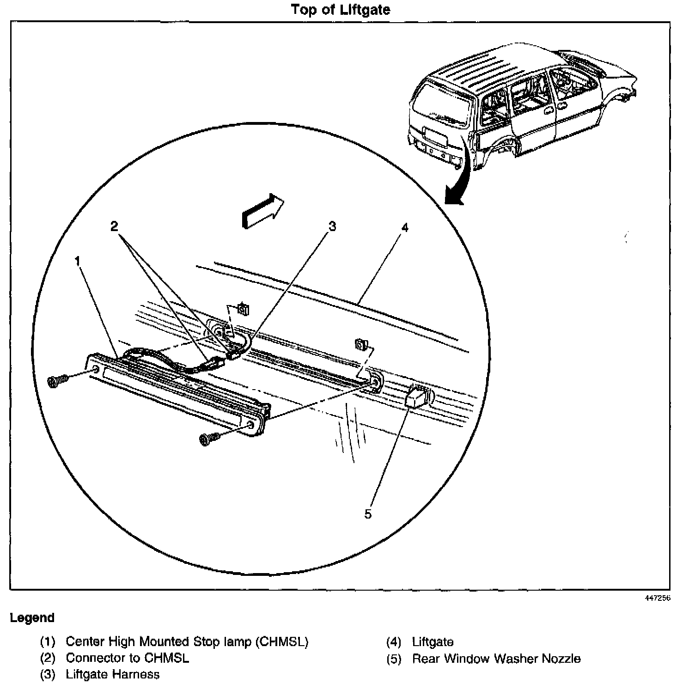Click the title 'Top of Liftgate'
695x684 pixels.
pyautogui.click(x=341, y=10)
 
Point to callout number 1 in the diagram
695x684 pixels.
pyautogui.click(x=78, y=262)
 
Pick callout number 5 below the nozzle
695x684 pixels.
pyautogui.click(x=368, y=514)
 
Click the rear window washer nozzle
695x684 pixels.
pyautogui.click(x=416, y=396)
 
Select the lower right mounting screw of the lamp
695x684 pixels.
pyautogui.click(x=208, y=438)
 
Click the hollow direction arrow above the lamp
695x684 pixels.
pyautogui.click(x=262, y=210)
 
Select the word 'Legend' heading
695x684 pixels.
pyautogui.click(x=32, y=618)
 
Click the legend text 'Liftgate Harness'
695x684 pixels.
pyautogui.click(x=113, y=674)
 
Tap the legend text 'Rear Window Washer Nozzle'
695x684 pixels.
pyautogui.click(x=496, y=658)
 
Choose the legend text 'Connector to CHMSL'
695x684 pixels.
pyautogui.click(x=128, y=658)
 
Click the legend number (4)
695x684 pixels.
pyautogui.click(x=394, y=642)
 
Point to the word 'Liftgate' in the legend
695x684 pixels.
pyautogui.click(x=433, y=642)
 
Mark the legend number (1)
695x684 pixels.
pyautogui.click(x=48, y=641)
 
